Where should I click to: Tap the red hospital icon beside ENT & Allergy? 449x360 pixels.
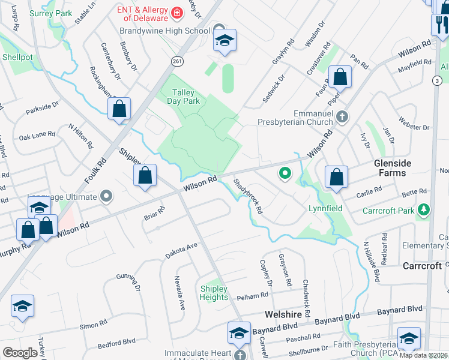177,12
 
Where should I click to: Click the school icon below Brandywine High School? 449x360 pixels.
225,41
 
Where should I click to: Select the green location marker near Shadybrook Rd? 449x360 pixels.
285,175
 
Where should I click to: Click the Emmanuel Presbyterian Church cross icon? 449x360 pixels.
342,116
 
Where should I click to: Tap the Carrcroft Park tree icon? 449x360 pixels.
424,210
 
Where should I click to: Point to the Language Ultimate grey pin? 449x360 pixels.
106,196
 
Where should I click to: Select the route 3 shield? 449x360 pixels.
437,80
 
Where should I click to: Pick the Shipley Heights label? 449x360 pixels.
214,293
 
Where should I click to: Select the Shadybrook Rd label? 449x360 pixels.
248,197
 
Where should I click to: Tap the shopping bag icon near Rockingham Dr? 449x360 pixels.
119,109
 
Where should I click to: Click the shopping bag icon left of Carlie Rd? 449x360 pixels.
337,178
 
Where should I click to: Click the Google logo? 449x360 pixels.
20,353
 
